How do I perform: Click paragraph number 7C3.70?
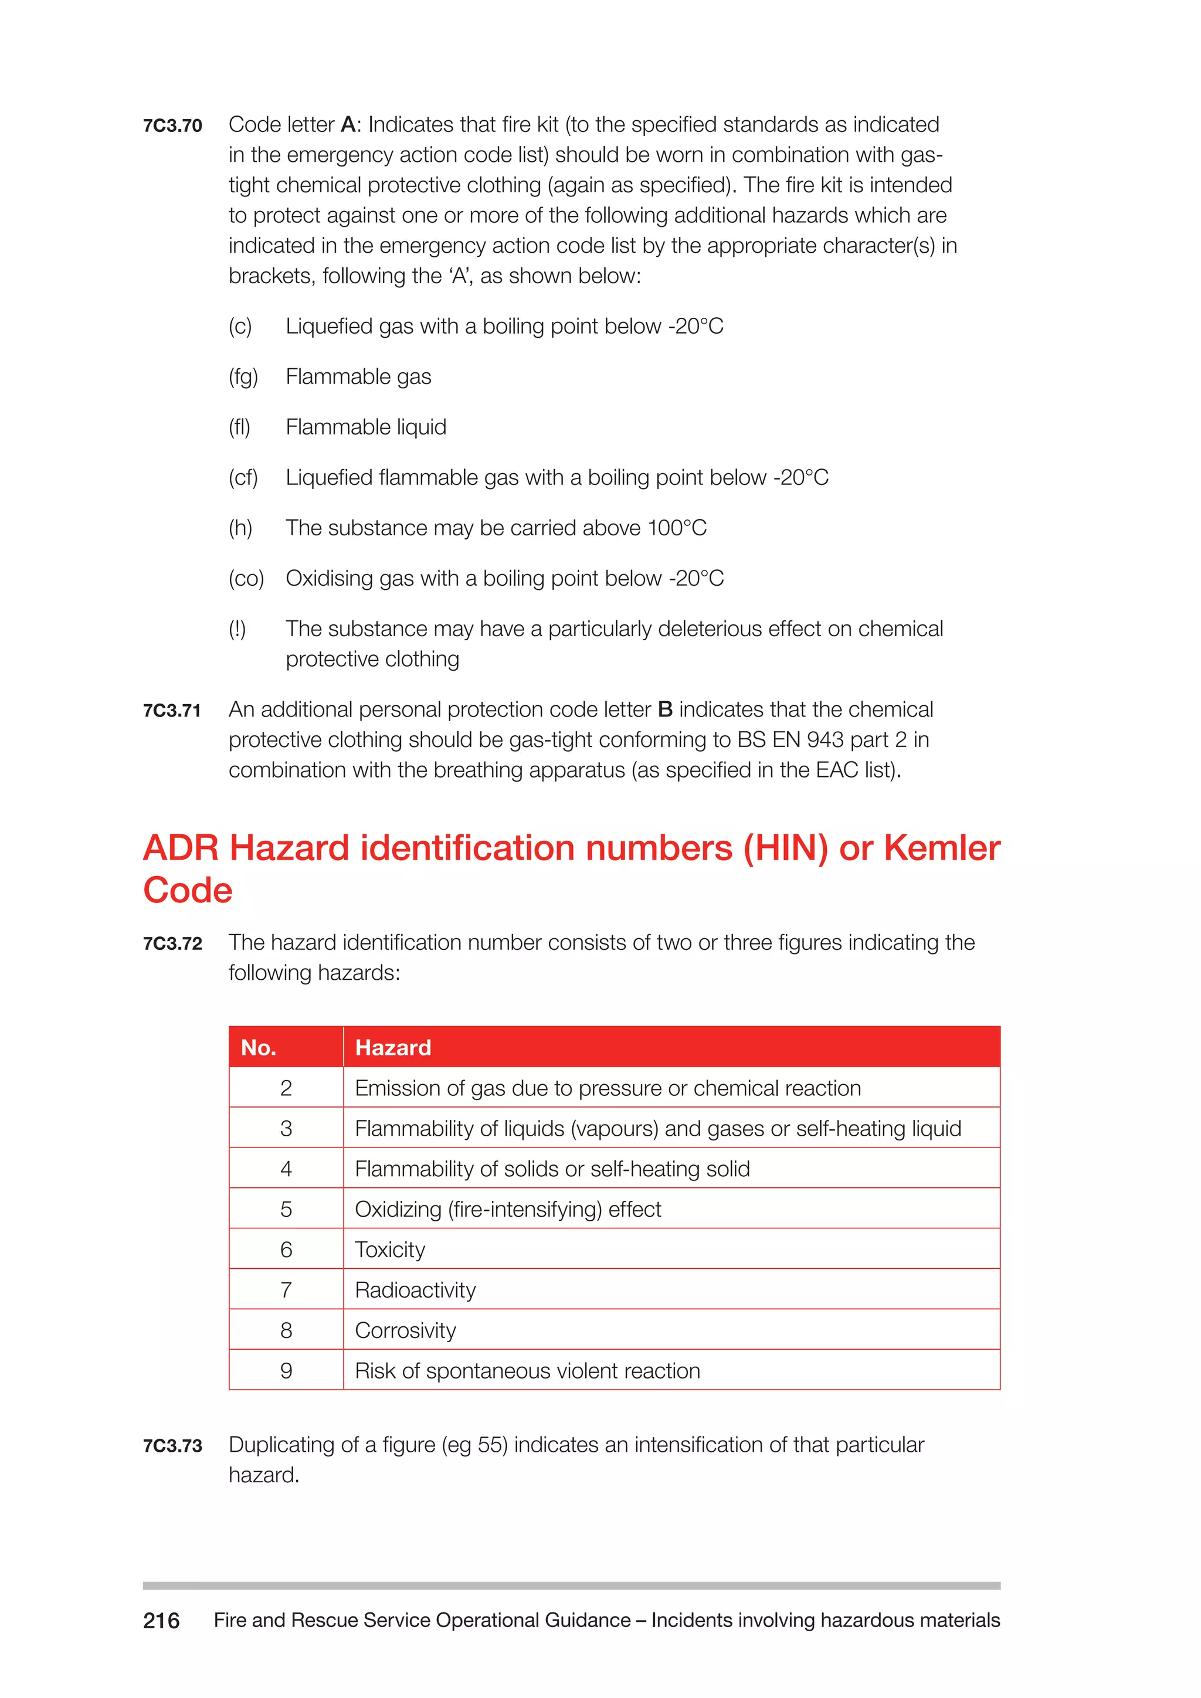[x=172, y=125]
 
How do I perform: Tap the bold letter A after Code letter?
[x=348, y=124]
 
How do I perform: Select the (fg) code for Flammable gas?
[x=243, y=376]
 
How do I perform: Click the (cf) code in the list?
[x=243, y=477]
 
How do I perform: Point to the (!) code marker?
[x=237, y=629]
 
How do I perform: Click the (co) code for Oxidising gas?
[x=246, y=578]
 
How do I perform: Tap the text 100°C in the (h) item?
[x=677, y=528]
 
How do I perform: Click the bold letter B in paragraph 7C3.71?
[x=665, y=709]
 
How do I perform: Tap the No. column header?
[x=259, y=1047]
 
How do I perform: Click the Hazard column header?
[x=393, y=1047]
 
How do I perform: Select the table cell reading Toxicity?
[x=390, y=1250]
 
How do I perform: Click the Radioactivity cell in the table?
[x=415, y=1290]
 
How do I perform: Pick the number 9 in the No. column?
[x=286, y=1371]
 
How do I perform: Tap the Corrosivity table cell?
[x=405, y=1330]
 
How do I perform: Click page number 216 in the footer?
[x=161, y=1621]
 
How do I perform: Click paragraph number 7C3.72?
[x=172, y=943]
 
